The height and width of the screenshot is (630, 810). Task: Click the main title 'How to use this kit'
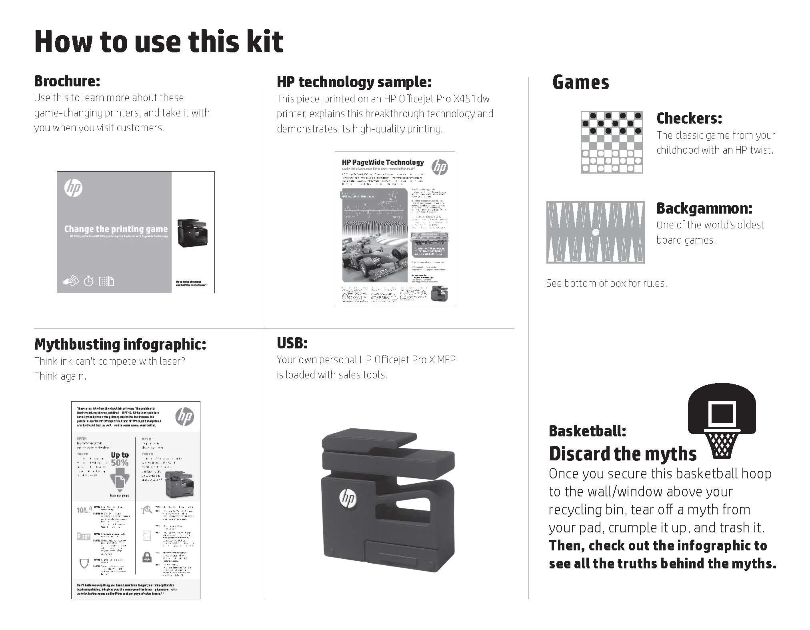(x=159, y=41)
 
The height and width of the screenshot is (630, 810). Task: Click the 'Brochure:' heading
(x=67, y=81)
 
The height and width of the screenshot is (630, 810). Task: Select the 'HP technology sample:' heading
(x=354, y=82)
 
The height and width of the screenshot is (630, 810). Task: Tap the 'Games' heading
(x=580, y=82)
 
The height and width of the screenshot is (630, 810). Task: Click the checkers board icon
(x=611, y=142)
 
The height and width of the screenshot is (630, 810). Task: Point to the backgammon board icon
(x=595, y=232)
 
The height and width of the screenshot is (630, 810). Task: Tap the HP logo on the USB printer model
(x=347, y=498)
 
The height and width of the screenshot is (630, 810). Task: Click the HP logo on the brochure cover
(x=73, y=188)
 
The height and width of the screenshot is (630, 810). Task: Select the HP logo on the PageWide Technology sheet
(x=440, y=167)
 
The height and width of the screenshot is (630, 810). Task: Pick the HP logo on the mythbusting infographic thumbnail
(x=184, y=416)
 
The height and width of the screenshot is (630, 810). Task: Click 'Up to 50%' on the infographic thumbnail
(x=120, y=459)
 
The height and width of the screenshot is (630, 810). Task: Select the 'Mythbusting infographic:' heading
(x=120, y=344)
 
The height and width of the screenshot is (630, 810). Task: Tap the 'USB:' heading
(x=292, y=343)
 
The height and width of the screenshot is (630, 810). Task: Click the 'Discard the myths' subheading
(x=622, y=454)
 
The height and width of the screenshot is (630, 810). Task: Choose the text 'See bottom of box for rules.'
(x=606, y=283)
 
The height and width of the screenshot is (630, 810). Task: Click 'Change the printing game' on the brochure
(x=116, y=229)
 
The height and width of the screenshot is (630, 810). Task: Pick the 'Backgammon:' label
(x=704, y=208)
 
